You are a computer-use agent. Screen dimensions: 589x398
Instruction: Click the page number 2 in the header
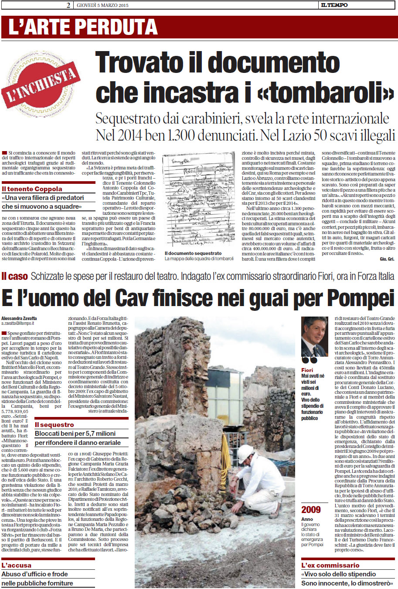click(68, 5)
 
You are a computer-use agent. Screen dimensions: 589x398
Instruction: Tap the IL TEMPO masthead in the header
click(334, 5)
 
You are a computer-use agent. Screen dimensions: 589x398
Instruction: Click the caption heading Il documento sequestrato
click(193, 253)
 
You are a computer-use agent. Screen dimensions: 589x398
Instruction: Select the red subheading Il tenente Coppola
click(32, 189)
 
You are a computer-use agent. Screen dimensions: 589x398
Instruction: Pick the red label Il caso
click(15, 276)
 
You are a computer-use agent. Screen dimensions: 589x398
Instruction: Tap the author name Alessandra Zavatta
click(19, 318)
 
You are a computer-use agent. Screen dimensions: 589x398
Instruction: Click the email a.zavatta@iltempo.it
click(18, 324)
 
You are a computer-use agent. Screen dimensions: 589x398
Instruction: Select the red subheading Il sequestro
click(54, 424)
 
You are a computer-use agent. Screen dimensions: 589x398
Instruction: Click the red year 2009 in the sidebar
click(311, 510)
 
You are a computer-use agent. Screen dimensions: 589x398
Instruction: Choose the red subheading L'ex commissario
click(330, 565)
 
